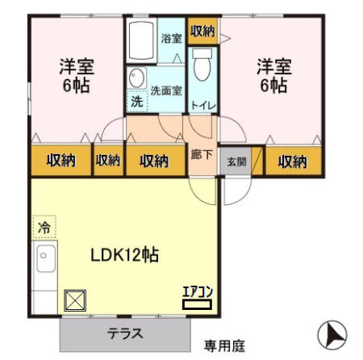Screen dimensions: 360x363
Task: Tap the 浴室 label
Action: [170, 38]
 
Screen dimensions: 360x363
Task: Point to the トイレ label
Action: [202, 104]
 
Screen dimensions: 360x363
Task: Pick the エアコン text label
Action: [195, 292]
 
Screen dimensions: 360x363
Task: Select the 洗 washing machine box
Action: [136, 103]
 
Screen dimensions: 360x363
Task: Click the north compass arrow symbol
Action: [331, 333]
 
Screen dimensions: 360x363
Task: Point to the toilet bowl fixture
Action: [202, 65]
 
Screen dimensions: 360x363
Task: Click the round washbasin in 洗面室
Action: [136, 79]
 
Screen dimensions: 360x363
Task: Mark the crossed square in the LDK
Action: [75, 300]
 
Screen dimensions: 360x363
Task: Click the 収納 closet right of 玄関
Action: [293, 161]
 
